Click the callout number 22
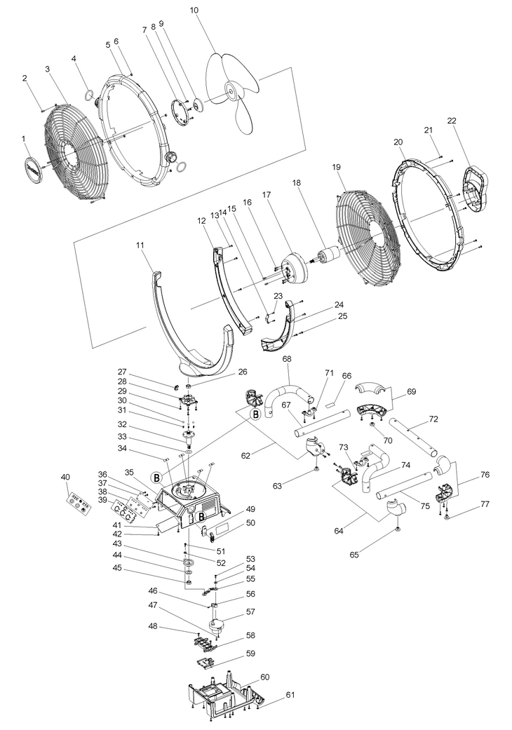451,121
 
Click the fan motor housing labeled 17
289,270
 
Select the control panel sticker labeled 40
78,504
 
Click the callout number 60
264,677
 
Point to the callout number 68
286,359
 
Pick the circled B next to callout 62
256,415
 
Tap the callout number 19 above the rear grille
336,168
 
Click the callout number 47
152,604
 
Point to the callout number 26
243,372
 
